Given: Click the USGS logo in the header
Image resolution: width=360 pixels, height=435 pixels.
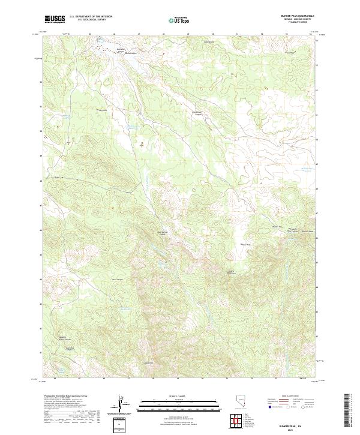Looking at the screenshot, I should click(x=55, y=19).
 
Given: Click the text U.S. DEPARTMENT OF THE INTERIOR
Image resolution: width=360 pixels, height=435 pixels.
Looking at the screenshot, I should click(x=91, y=17).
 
